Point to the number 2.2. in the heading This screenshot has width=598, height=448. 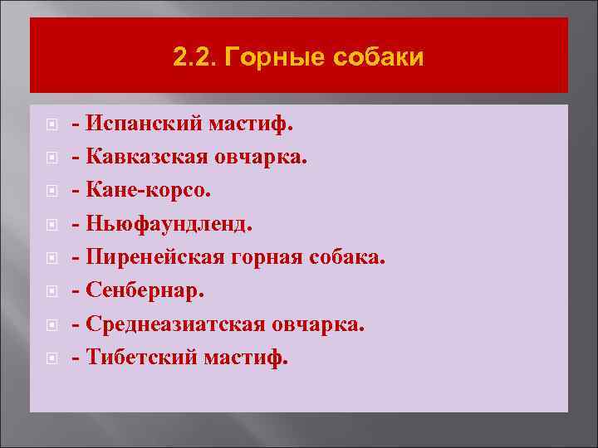pos(196,58)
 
